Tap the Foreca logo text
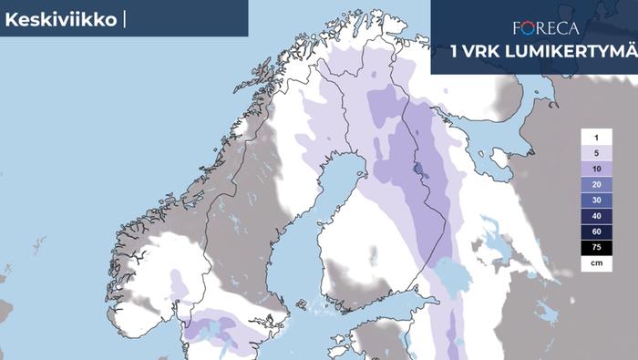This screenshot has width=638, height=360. point(546,27)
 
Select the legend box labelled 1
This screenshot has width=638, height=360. point(594,136)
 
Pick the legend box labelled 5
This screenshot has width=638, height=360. point(594,152)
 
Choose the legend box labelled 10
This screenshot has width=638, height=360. point(594,169)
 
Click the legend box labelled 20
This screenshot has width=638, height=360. point(594,184)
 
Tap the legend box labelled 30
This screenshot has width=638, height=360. point(594,200)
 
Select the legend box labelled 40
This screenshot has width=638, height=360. point(594,216)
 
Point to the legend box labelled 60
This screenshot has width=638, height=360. point(594,231)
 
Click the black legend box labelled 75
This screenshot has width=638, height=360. point(594,247)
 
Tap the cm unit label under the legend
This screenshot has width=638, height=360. point(594,262)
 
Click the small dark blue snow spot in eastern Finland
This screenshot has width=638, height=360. point(417,169)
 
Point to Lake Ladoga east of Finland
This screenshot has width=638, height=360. point(446,273)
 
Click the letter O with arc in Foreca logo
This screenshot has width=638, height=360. point(533,27)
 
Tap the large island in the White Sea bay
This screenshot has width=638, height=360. point(499,160)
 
